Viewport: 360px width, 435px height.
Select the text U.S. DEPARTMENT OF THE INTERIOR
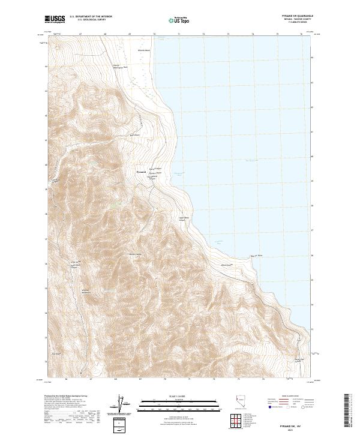(91, 16)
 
